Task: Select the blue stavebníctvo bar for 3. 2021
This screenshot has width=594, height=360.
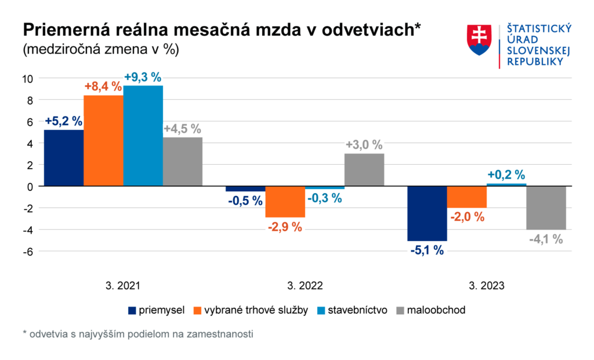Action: coord(143,136)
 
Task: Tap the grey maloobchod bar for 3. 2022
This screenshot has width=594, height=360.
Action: coord(364,170)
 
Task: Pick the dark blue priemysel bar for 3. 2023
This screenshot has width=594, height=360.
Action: coord(427,213)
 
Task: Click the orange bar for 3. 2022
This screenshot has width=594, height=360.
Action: coord(285,202)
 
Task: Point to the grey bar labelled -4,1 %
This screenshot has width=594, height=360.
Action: coord(546,208)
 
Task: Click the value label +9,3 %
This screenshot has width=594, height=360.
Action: coord(143,77)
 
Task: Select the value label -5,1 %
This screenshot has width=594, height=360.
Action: coord(427,250)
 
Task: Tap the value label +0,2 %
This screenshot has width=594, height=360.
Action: coord(506,174)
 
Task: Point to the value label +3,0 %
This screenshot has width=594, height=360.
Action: coord(364,144)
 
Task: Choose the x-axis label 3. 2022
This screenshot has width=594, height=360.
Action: coord(305,286)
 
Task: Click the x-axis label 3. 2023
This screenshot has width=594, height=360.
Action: coord(486,286)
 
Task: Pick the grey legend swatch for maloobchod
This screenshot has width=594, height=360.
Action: coord(399,310)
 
